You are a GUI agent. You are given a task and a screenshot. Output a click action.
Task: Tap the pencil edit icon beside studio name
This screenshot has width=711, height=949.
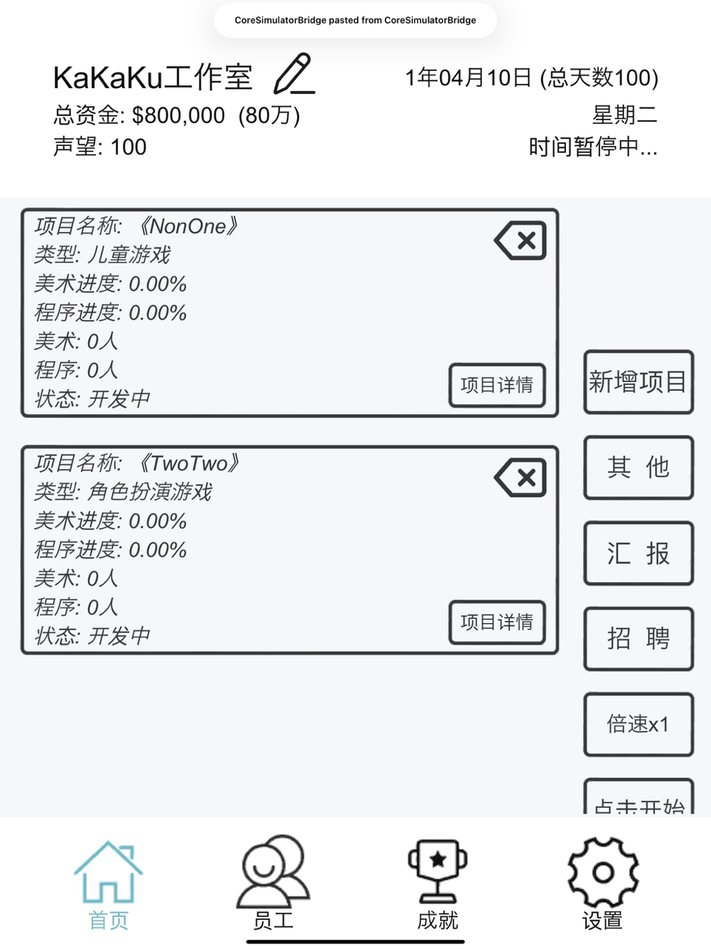[x=294, y=73]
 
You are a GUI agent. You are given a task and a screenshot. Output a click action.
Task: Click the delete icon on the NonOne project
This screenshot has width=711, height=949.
[x=520, y=240]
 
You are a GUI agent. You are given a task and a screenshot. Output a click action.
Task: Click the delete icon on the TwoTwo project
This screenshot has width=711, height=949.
[x=520, y=477]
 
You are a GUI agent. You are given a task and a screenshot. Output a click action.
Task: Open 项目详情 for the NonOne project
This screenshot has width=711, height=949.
[x=497, y=385]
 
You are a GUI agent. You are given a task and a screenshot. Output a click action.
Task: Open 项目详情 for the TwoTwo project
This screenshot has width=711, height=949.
[x=497, y=622]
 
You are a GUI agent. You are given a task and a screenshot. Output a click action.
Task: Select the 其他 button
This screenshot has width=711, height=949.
[x=638, y=467]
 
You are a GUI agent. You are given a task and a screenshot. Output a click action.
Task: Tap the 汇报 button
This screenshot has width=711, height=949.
[x=638, y=553]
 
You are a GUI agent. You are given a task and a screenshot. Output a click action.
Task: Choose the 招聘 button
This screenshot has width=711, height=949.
[x=638, y=639]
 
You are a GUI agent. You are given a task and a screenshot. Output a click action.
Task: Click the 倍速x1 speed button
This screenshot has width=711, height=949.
[x=638, y=724]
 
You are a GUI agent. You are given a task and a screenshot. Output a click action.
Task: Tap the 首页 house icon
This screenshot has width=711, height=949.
[x=108, y=871]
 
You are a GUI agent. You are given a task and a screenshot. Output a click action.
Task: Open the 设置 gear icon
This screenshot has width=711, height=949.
[x=603, y=872]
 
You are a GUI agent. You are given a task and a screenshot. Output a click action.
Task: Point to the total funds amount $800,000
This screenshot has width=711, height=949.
[x=178, y=115]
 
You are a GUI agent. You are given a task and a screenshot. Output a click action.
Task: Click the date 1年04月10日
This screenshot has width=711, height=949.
[x=469, y=78]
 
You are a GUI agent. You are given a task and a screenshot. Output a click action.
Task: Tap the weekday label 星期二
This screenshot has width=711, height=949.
[x=624, y=115]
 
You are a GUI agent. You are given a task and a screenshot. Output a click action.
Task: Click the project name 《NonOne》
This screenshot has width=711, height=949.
[x=188, y=226]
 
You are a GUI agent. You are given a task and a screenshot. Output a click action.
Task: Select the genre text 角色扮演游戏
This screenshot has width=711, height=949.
[x=149, y=492]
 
